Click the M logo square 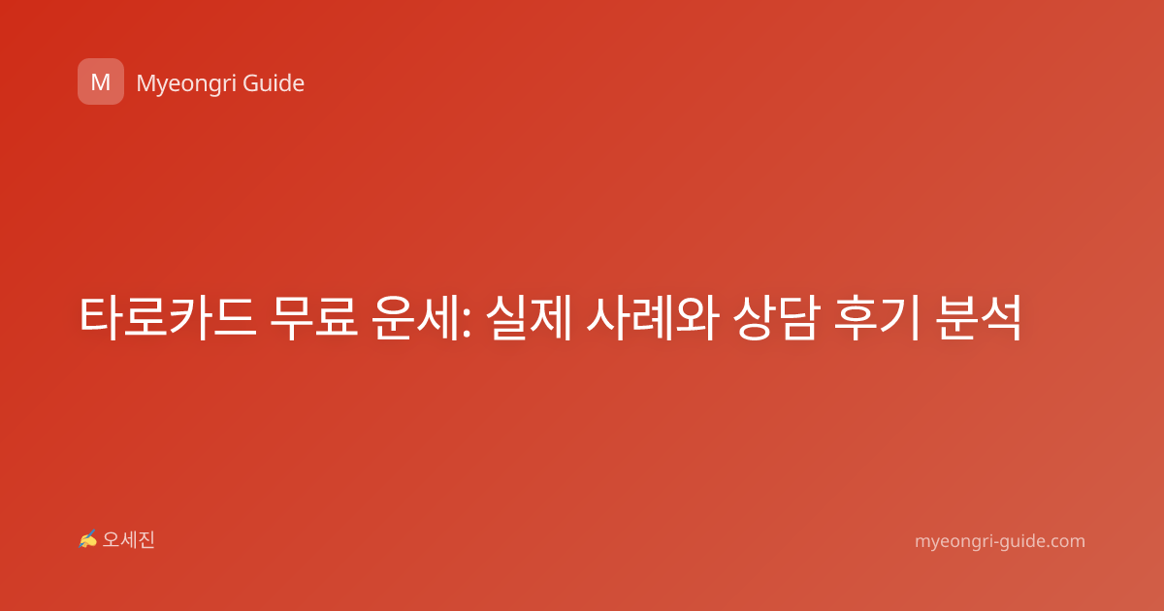[101, 81]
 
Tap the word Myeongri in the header [185, 84]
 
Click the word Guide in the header [274, 83]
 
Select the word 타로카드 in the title [168, 318]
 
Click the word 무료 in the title [314, 318]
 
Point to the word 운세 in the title [415, 318]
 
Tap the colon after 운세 [467, 324]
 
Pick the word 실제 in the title [529, 318]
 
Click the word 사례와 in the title [653, 318]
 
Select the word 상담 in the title [776, 318]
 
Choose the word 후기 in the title [877, 318]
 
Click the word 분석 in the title [978, 318]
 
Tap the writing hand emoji [88, 539]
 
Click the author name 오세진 [128, 540]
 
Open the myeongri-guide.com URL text [1000, 541]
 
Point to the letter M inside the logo [101, 82]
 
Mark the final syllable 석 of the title [1001, 318]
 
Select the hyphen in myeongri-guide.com [995, 542]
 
